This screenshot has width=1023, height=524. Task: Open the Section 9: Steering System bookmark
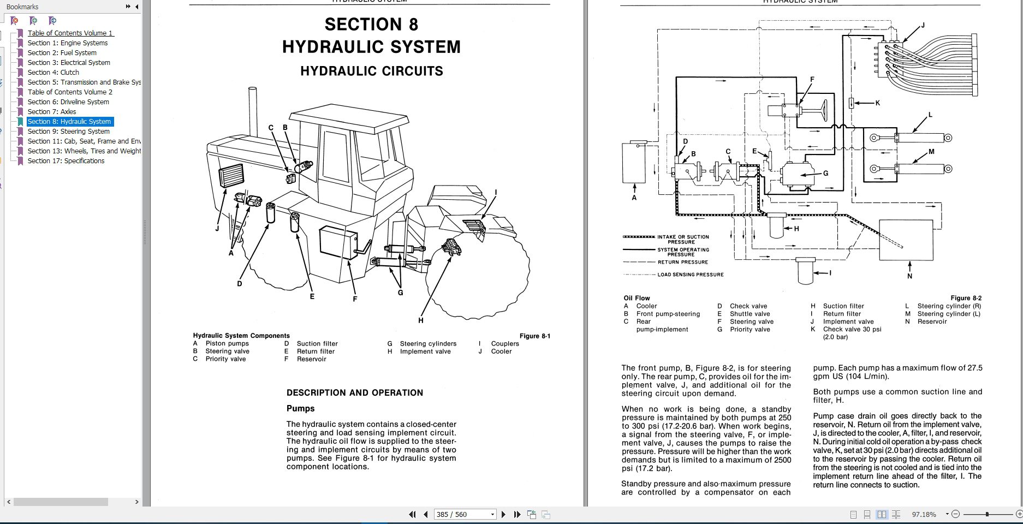(x=69, y=132)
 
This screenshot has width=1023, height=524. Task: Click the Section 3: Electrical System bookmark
(x=69, y=63)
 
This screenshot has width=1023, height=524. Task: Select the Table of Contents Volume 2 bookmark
(x=70, y=92)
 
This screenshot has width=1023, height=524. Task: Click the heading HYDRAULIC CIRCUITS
(x=371, y=72)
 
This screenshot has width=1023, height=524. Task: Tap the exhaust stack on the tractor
(x=253, y=112)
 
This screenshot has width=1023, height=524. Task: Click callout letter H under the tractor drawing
(x=421, y=320)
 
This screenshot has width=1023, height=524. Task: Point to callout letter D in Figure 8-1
(x=239, y=283)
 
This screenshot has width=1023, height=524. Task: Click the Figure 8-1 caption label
(x=534, y=336)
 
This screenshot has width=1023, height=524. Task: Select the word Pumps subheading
(x=300, y=409)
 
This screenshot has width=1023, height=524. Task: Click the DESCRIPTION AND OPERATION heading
(x=354, y=393)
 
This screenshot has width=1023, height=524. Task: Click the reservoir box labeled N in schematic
(x=906, y=240)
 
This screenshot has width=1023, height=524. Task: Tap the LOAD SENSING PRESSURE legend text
(x=690, y=275)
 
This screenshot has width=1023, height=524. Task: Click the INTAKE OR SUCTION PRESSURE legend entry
(x=682, y=240)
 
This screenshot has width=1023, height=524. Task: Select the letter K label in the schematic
(x=877, y=103)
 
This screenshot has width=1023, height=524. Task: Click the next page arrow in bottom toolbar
(x=503, y=514)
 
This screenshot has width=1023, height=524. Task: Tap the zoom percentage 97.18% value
(x=924, y=514)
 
